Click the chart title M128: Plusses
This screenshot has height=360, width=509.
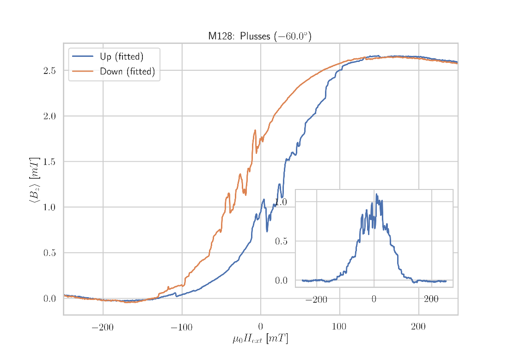tap(259, 36)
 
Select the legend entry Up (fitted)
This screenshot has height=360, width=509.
tap(122, 57)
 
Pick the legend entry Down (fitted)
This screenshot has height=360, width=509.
tap(127, 72)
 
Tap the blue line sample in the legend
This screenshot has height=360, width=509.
tap(82, 57)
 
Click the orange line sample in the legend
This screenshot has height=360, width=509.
tap(82, 71)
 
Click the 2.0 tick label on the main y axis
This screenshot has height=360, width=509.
tap(49, 116)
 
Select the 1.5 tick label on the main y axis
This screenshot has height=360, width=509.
tap(49, 162)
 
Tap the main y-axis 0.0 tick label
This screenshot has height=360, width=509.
tap(49, 299)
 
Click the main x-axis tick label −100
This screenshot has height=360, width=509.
tap(181, 328)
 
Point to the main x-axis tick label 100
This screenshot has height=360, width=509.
tap(339, 328)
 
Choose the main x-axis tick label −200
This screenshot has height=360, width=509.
tap(102, 328)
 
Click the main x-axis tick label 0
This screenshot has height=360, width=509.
tap(261, 328)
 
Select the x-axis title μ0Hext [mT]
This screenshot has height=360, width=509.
tap(260, 340)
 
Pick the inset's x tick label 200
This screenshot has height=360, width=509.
tap(431, 299)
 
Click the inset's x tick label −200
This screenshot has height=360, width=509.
tap(316, 300)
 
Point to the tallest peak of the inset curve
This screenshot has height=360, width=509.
tap(376, 194)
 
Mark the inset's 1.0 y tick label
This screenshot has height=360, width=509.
tap(281, 202)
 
